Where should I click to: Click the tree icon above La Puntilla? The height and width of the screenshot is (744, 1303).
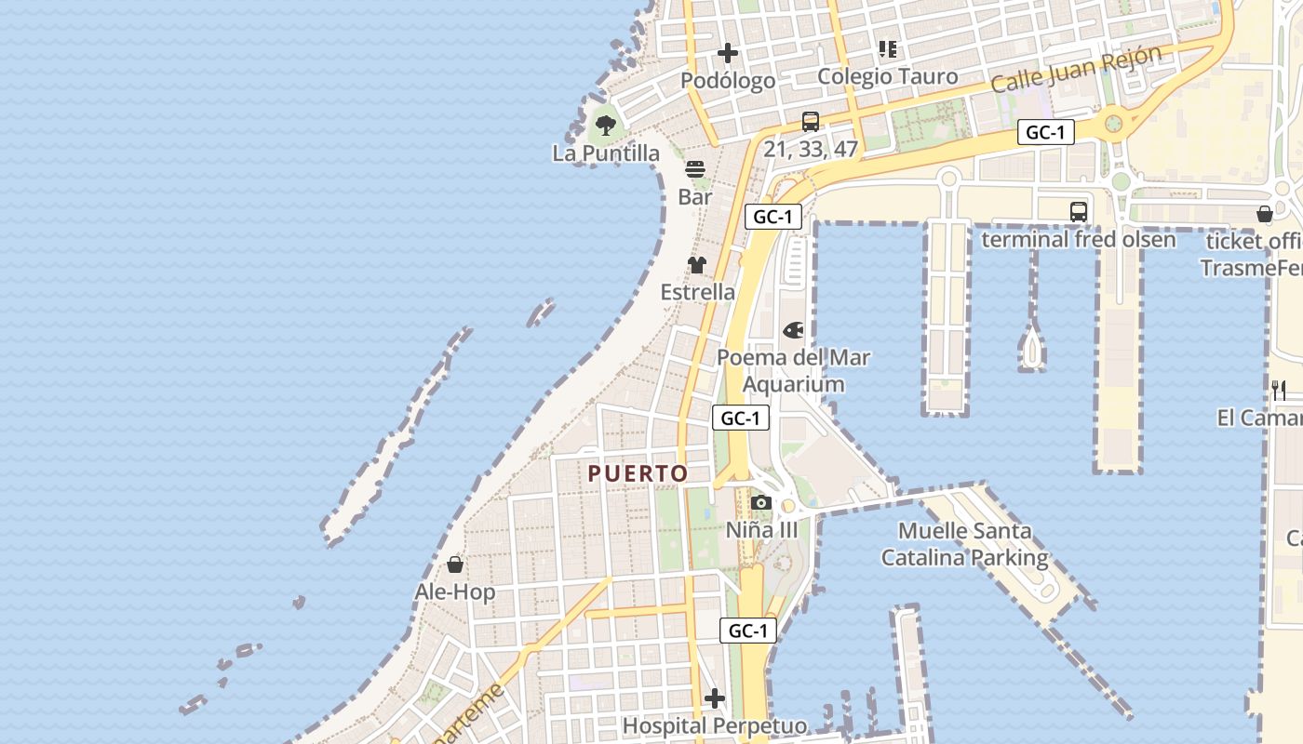(x=606, y=125)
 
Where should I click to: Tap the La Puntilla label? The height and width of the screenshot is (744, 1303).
(x=606, y=153)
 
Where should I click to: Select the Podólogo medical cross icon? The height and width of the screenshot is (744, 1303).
(x=728, y=53)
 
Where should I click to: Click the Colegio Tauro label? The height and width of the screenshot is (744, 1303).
(x=887, y=76)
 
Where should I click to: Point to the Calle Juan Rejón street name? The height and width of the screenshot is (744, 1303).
(x=1076, y=69)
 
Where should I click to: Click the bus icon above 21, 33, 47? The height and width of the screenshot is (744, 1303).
(x=811, y=122)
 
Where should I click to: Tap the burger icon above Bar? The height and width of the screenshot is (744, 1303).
(x=695, y=169)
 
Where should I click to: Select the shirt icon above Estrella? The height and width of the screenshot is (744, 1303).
(x=697, y=265)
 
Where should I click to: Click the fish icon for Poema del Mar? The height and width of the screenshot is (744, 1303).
(x=793, y=330)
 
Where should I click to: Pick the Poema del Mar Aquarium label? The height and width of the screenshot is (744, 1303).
(x=794, y=370)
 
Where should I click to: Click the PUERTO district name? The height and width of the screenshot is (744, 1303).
(x=638, y=473)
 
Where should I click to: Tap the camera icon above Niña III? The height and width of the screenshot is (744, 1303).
(x=761, y=503)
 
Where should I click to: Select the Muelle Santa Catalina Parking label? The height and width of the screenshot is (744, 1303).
(x=964, y=544)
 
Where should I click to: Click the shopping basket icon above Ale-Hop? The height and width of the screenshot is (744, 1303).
(x=455, y=565)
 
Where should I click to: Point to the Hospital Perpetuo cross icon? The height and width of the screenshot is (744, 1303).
(x=715, y=697)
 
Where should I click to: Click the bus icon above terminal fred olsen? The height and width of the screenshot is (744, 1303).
(x=1079, y=212)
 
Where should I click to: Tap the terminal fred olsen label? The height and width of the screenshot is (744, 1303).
(x=1079, y=240)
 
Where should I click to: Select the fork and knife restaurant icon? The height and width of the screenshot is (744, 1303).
(x=1279, y=391)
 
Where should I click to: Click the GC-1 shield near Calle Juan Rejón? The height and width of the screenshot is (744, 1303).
(x=1045, y=132)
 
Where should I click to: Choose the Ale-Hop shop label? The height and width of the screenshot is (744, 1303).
(x=455, y=592)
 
